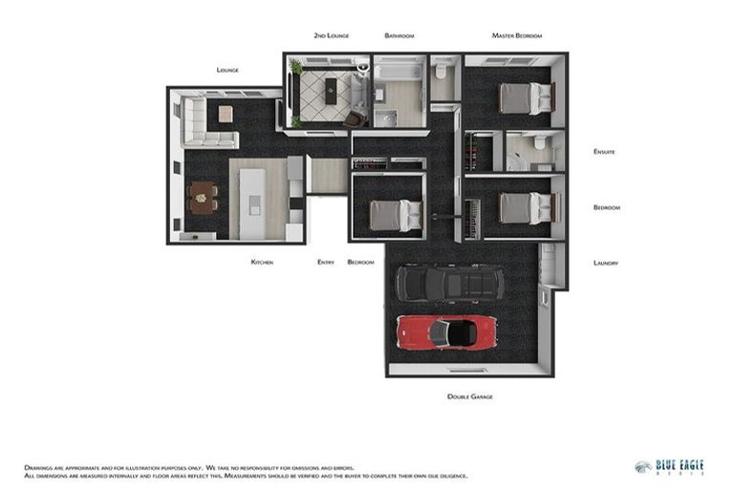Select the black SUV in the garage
449,283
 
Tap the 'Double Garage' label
469,396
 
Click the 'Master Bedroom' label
516,36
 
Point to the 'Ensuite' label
604,152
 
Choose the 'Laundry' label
605,263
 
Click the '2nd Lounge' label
331,36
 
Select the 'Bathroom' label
399,36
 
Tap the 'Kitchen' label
262,262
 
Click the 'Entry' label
326,262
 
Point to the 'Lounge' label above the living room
227,70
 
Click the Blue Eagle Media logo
669,467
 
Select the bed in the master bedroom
526,97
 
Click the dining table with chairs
202,198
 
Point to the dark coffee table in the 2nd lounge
331,93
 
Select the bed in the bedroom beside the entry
396,215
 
